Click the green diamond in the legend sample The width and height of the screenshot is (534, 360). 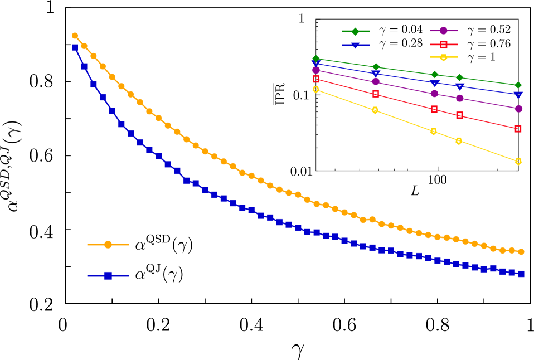355,31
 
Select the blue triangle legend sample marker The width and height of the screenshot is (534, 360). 355,45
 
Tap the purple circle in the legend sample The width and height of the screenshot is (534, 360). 444,31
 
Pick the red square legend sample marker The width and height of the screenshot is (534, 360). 444,45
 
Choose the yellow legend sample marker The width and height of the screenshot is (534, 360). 444,57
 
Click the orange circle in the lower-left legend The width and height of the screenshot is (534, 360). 108,245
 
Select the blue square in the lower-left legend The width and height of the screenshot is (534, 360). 108,276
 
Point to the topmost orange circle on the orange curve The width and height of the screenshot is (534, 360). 75,36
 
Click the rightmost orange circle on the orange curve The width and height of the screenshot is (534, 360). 521,252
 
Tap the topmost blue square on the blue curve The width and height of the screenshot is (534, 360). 75,48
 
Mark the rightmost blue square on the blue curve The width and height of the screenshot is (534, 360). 521,274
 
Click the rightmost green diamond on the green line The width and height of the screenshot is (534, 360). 518,85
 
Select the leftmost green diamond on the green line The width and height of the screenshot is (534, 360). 316,59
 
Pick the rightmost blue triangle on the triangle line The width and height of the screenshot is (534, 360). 518,95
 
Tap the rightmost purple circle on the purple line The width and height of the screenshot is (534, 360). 518,109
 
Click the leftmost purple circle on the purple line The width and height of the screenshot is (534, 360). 316,70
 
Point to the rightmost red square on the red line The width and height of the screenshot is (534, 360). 518,129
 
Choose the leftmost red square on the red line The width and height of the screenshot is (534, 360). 316,79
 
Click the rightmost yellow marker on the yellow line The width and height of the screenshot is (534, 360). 518,162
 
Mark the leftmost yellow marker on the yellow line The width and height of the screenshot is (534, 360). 316,89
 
